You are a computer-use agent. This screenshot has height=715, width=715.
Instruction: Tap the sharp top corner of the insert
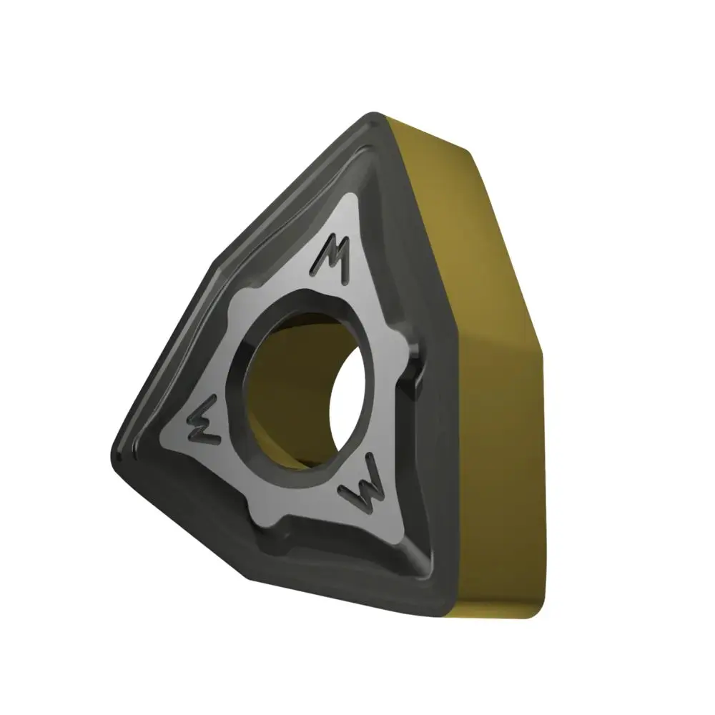(374, 113)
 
